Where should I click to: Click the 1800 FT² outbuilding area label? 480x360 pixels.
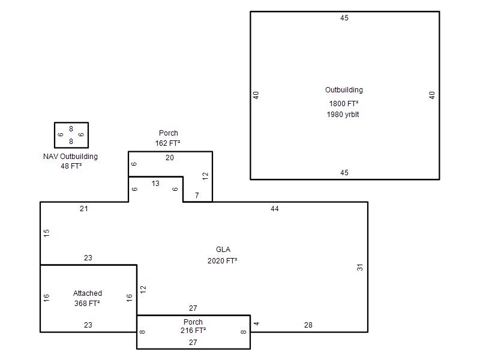pyautogui.click(x=344, y=103)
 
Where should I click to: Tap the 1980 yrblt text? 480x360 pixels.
pyautogui.click(x=343, y=115)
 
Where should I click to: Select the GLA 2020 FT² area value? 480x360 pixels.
pyautogui.click(x=223, y=261)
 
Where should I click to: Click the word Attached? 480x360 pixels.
pyautogui.click(x=88, y=293)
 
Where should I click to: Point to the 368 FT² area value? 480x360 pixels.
pyautogui.click(x=87, y=304)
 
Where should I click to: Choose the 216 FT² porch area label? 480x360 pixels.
pyautogui.click(x=193, y=331)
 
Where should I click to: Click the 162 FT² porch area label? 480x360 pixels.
pyautogui.click(x=168, y=143)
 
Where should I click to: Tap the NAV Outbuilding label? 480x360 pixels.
pyautogui.click(x=70, y=157)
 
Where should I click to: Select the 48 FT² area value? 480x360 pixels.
pyautogui.click(x=71, y=166)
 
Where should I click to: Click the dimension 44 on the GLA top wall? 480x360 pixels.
pyautogui.click(x=275, y=209)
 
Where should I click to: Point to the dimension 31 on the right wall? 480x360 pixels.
pyautogui.click(x=360, y=267)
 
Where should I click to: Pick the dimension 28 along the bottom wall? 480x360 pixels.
pyautogui.click(x=308, y=325)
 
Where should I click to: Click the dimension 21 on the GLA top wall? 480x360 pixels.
pyautogui.click(x=84, y=209)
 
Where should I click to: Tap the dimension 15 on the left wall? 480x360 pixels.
pyautogui.click(x=47, y=233)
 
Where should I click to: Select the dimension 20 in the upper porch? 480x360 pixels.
pyautogui.click(x=170, y=158)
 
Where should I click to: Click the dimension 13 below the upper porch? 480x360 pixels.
pyautogui.click(x=155, y=184)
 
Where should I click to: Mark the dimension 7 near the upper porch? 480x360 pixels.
pyautogui.click(x=197, y=196)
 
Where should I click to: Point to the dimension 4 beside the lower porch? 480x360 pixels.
pyautogui.click(x=257, y=323)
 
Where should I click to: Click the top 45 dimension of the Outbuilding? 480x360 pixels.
pyautogui.click(x=344, y=18)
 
